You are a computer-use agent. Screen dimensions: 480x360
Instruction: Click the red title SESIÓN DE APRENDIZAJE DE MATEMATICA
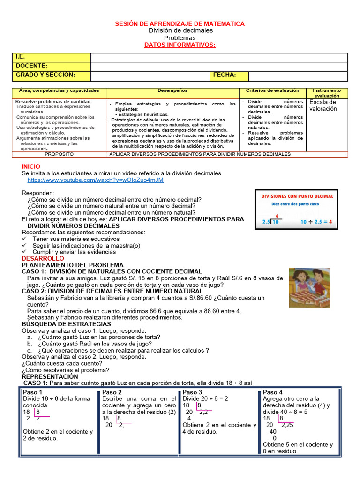[180, 23]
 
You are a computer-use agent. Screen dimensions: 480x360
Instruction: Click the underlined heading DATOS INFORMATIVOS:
[180, 45]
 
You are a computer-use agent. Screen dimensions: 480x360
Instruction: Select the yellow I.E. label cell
[51, 57]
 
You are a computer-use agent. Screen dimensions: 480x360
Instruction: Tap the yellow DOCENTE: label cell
[51, 66]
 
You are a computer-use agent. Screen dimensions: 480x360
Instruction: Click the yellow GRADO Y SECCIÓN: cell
[51, 75]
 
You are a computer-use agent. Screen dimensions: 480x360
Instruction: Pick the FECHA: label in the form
[225, 75]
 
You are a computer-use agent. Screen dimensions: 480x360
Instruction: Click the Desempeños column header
[172, 90]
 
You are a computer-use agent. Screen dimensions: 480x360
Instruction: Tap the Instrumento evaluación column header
[327, 92]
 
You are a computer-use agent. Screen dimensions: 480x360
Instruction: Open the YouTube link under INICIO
[96, 180]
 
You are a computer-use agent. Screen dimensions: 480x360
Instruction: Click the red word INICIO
[31, 166]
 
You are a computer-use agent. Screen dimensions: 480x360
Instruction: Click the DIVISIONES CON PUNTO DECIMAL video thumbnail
[297, 210]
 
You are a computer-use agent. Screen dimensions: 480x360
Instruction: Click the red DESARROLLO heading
[43, 258]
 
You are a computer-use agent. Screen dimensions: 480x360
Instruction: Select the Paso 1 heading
[32, 392]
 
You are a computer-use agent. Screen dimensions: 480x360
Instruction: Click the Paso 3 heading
[192, 392]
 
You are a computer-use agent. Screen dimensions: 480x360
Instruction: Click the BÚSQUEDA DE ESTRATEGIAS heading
[67, 324]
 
